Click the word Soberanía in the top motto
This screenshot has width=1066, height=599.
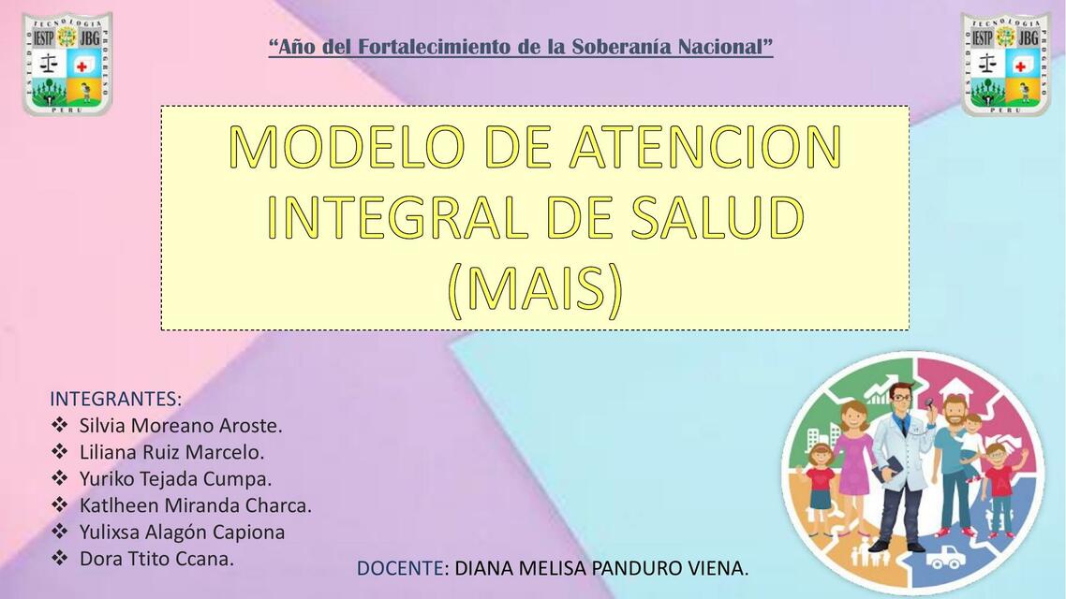(629, 47)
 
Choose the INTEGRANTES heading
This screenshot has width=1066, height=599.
(115, 399)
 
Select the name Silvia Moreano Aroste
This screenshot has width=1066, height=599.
(181, 426)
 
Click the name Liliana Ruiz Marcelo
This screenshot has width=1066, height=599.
(171, 452)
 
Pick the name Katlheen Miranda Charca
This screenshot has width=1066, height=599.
(195, 505)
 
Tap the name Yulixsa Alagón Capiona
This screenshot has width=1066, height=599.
(182, 532)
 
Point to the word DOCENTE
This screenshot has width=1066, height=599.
(400, 568)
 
